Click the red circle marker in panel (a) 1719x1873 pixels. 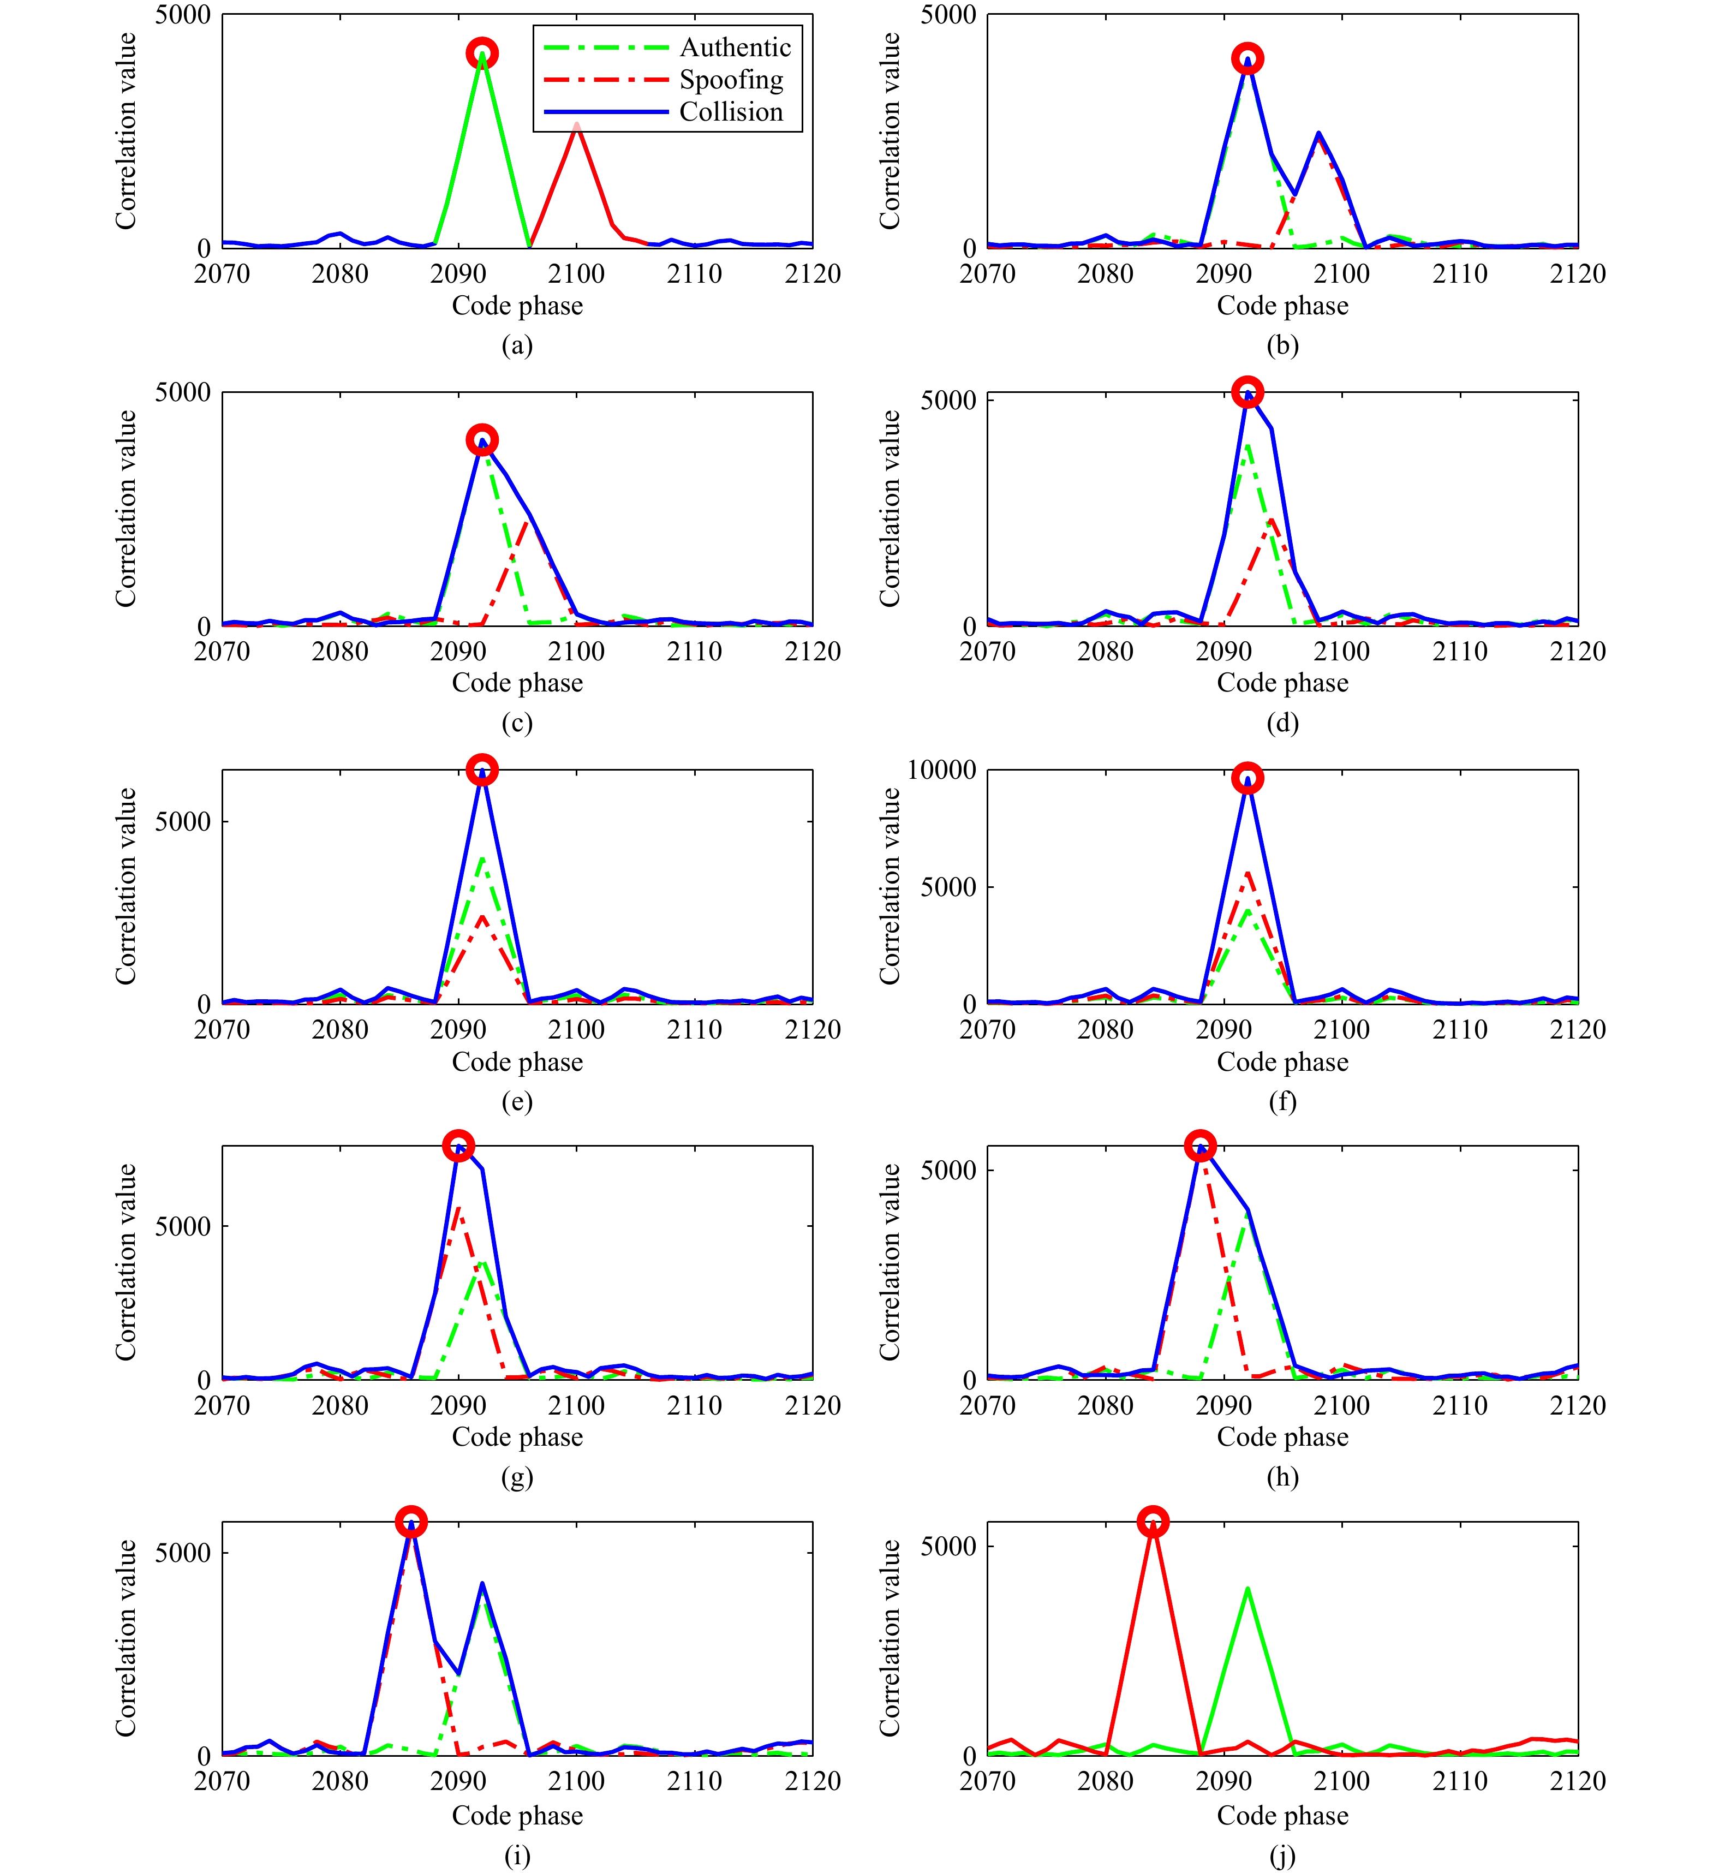pyautogui.click(x=482, y=53)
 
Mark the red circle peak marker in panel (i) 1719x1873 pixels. pyautogui.click(x=411, y=1522)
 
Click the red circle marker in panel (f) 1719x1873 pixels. pyautogui.click(x=1248, y=779)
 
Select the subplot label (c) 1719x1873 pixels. pyautogui.click(x=517, y=723)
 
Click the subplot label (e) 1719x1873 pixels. pyautogui.click(x=517, y=1102)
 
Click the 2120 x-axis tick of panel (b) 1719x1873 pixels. pyautogui.click(x=1578, y=273)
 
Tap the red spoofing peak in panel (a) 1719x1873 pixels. pyautogui.click(x=577, y=124)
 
